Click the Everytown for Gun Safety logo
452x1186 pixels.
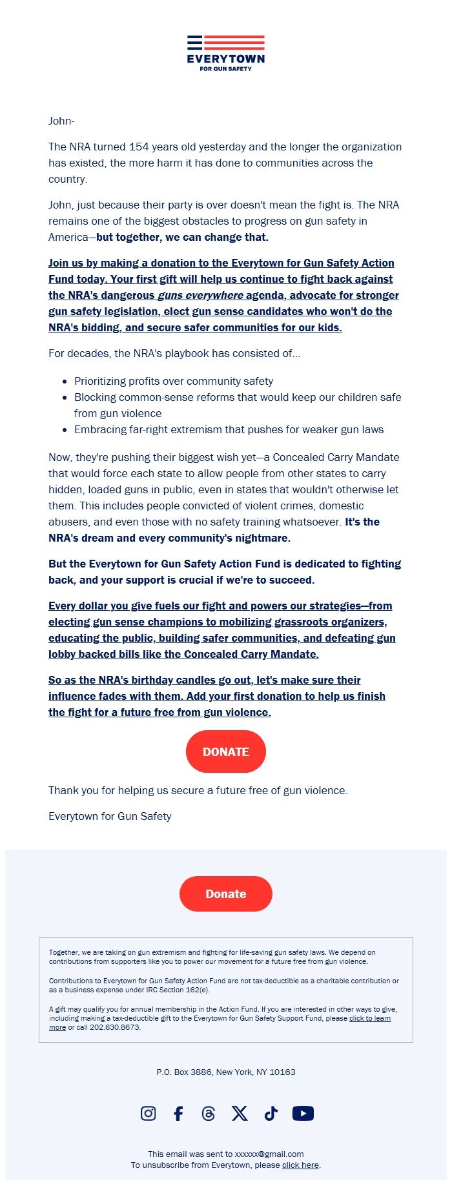click(226, 53)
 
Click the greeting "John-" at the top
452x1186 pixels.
click(61, 121)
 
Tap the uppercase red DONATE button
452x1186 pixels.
click(226, 751)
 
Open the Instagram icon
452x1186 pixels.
click(148, 1113)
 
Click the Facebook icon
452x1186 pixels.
click(178, 1113)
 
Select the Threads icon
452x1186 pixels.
click(209, 1113)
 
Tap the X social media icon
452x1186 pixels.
click(240, 1113)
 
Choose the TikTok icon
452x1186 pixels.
click(271, 1113)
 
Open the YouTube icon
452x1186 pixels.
click(303, 1113)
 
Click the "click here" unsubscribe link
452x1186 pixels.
click(300, 1165)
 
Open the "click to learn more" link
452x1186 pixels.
click(369, 1018)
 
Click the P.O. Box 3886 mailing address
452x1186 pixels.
click(226, 1072)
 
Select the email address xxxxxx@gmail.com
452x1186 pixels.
click(269, 1154)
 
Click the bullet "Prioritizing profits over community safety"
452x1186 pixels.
click(174, 381)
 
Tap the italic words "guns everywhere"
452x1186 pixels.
click(201, 295)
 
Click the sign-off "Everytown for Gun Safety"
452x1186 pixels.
click(110, 816)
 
